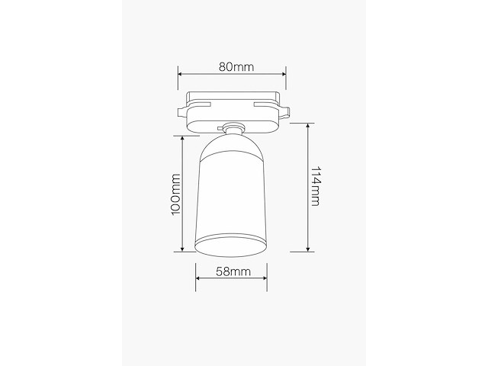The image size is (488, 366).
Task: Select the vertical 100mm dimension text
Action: pyautogui.click(x=175, y=194)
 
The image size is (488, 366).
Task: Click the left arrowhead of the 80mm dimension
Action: pyautogui.click(x=180, y=75)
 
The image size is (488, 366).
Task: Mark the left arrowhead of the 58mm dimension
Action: pyautogui.click(x=197, y=280)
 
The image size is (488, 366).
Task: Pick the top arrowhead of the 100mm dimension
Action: pyautogui.click(x=183, y=139)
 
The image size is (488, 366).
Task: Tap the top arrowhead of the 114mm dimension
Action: pyautogui.click(x=307, y=125)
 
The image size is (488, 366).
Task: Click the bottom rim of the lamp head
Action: pyautogui.click(x=233, y=246)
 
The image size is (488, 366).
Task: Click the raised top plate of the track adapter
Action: pyautogui.click(x=233, y=98)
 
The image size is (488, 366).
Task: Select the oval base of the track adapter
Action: pyautogui.click(x=233, y=116)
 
